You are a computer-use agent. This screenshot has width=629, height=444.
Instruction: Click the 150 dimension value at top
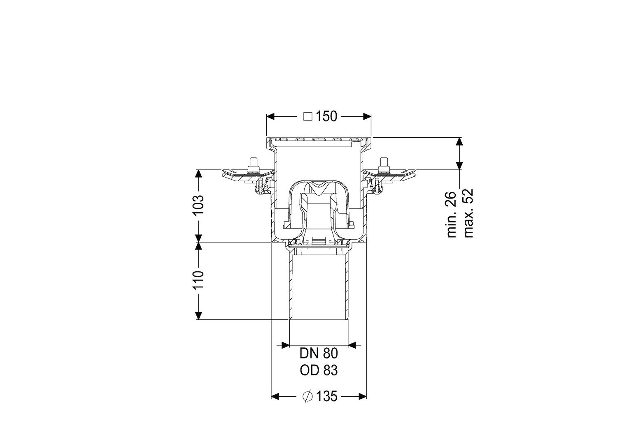pos(326,116)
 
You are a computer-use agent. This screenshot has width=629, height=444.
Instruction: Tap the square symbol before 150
pos(308,116)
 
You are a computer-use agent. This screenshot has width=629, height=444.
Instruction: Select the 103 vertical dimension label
pos(199,205)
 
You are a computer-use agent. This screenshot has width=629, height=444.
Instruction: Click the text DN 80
pos(319,354)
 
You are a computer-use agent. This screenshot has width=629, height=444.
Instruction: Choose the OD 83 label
pos(319,370)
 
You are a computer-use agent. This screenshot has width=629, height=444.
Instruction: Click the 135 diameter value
pos(326,396)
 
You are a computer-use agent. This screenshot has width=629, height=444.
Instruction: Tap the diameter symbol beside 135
pos(308,396)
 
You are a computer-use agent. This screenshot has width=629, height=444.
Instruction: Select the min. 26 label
pos(452,215)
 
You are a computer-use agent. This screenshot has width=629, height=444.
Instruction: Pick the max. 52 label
pos(468,213)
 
